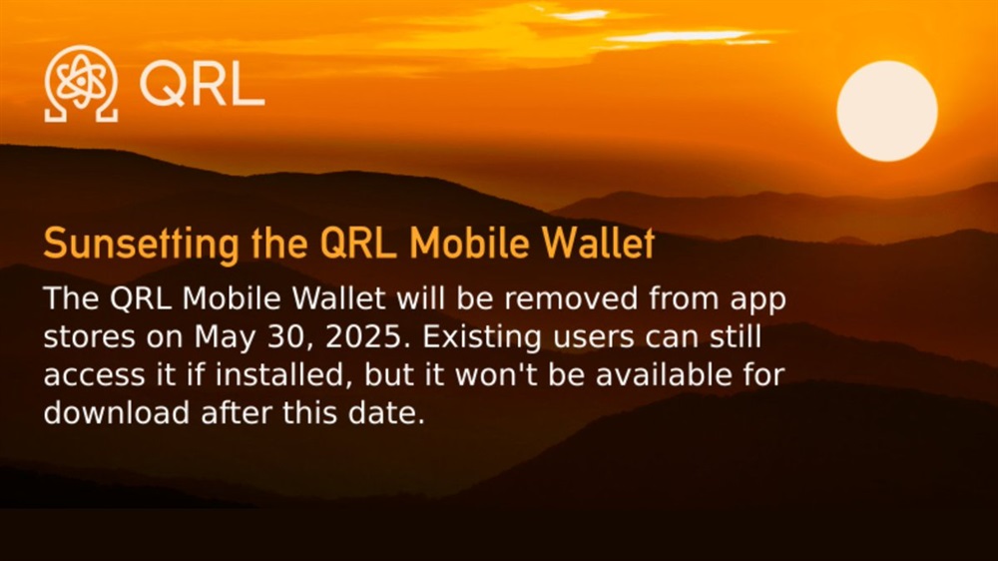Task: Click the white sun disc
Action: tap(886, 111)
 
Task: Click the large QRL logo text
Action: tap(202, 85)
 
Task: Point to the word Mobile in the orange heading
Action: tap(468, 243)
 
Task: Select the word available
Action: tap(664, 375)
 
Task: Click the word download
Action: tap(117, 412)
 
